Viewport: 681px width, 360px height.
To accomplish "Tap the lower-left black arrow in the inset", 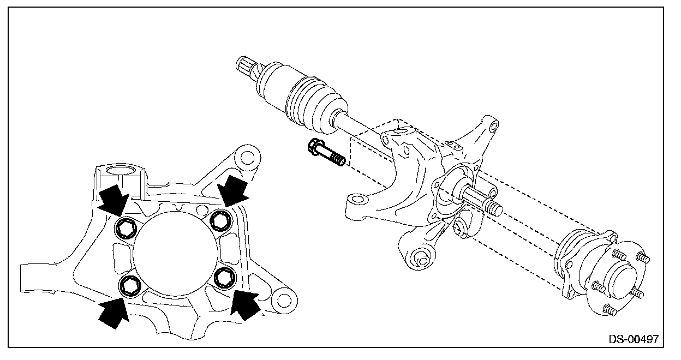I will click(113, 312).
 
